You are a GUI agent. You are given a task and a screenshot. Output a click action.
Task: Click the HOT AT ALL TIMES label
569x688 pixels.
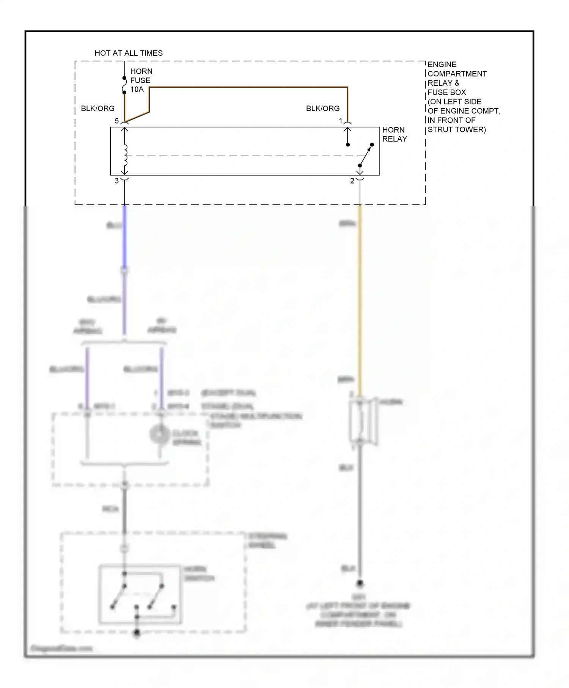point(128,53)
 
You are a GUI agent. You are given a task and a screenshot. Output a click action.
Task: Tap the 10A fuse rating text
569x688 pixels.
point(137,90)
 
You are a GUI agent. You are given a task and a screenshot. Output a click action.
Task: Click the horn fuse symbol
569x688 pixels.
point(124,85)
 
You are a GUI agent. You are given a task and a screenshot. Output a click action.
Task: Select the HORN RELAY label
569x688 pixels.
point(394,134)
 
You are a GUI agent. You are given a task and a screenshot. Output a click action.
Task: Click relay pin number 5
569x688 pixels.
point(117,121)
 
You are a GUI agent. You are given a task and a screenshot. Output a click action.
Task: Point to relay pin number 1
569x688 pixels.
point(341,121)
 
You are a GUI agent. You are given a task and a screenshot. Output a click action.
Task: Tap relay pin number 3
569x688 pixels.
point(117,181)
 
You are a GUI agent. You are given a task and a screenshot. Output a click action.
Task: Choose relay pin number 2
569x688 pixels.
point(352,181)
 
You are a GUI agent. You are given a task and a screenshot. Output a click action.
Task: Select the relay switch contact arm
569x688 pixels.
point(366,156)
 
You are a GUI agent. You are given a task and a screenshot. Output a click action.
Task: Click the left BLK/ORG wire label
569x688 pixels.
point(97,108)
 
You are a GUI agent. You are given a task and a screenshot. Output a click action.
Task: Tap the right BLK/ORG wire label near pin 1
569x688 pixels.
point(322,108)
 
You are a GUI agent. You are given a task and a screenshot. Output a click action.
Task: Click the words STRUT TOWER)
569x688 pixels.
point(456,129)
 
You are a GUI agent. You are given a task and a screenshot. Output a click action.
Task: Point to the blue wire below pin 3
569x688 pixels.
point(124,235)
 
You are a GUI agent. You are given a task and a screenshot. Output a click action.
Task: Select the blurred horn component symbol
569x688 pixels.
point(362,421)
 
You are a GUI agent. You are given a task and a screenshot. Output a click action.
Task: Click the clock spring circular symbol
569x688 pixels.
point(159,434)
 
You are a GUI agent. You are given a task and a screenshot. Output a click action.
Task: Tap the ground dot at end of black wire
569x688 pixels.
point(360,583)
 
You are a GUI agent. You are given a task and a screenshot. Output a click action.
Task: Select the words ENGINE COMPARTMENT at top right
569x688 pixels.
point(456,69)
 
